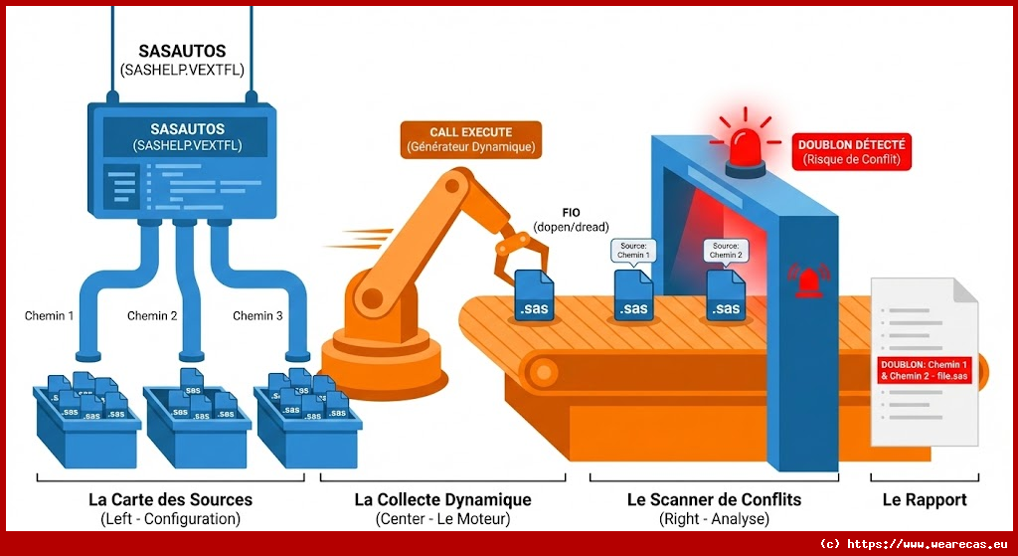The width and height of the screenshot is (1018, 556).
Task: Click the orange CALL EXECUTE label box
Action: point(470,139)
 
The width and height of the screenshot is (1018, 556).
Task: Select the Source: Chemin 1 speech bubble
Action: point(632,250)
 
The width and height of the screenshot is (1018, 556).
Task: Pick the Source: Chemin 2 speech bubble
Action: point(724,250)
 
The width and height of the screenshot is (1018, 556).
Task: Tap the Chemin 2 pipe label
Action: point(152,316)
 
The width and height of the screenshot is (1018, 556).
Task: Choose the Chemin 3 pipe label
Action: point(257,316)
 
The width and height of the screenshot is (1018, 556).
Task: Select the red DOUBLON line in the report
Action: point(924,370)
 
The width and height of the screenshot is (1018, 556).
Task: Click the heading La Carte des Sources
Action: point(170,499)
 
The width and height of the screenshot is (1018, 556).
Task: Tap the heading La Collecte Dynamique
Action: point(442,499)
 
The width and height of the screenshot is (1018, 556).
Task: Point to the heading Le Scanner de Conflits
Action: point(714,499)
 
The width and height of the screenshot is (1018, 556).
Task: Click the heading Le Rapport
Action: point(924,499)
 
